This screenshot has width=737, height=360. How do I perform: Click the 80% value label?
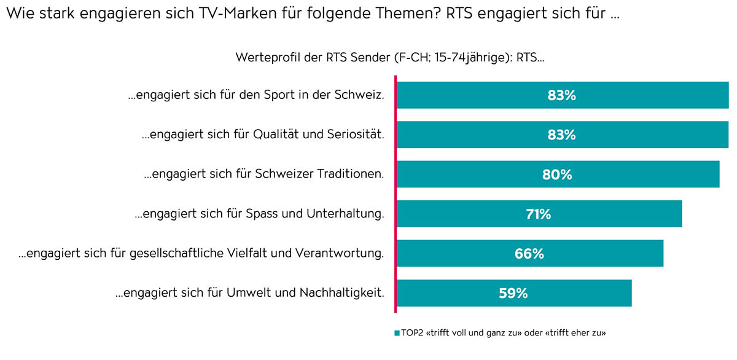coord(557,174)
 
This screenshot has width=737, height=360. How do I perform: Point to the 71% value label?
coord(538,214)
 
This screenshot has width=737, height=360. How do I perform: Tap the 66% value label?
coord(529,253)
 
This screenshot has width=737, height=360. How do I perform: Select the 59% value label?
coord(513,293)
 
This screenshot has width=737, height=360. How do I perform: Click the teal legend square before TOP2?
coord(397,333)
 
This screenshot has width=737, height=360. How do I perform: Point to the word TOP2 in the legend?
coord(412,333)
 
